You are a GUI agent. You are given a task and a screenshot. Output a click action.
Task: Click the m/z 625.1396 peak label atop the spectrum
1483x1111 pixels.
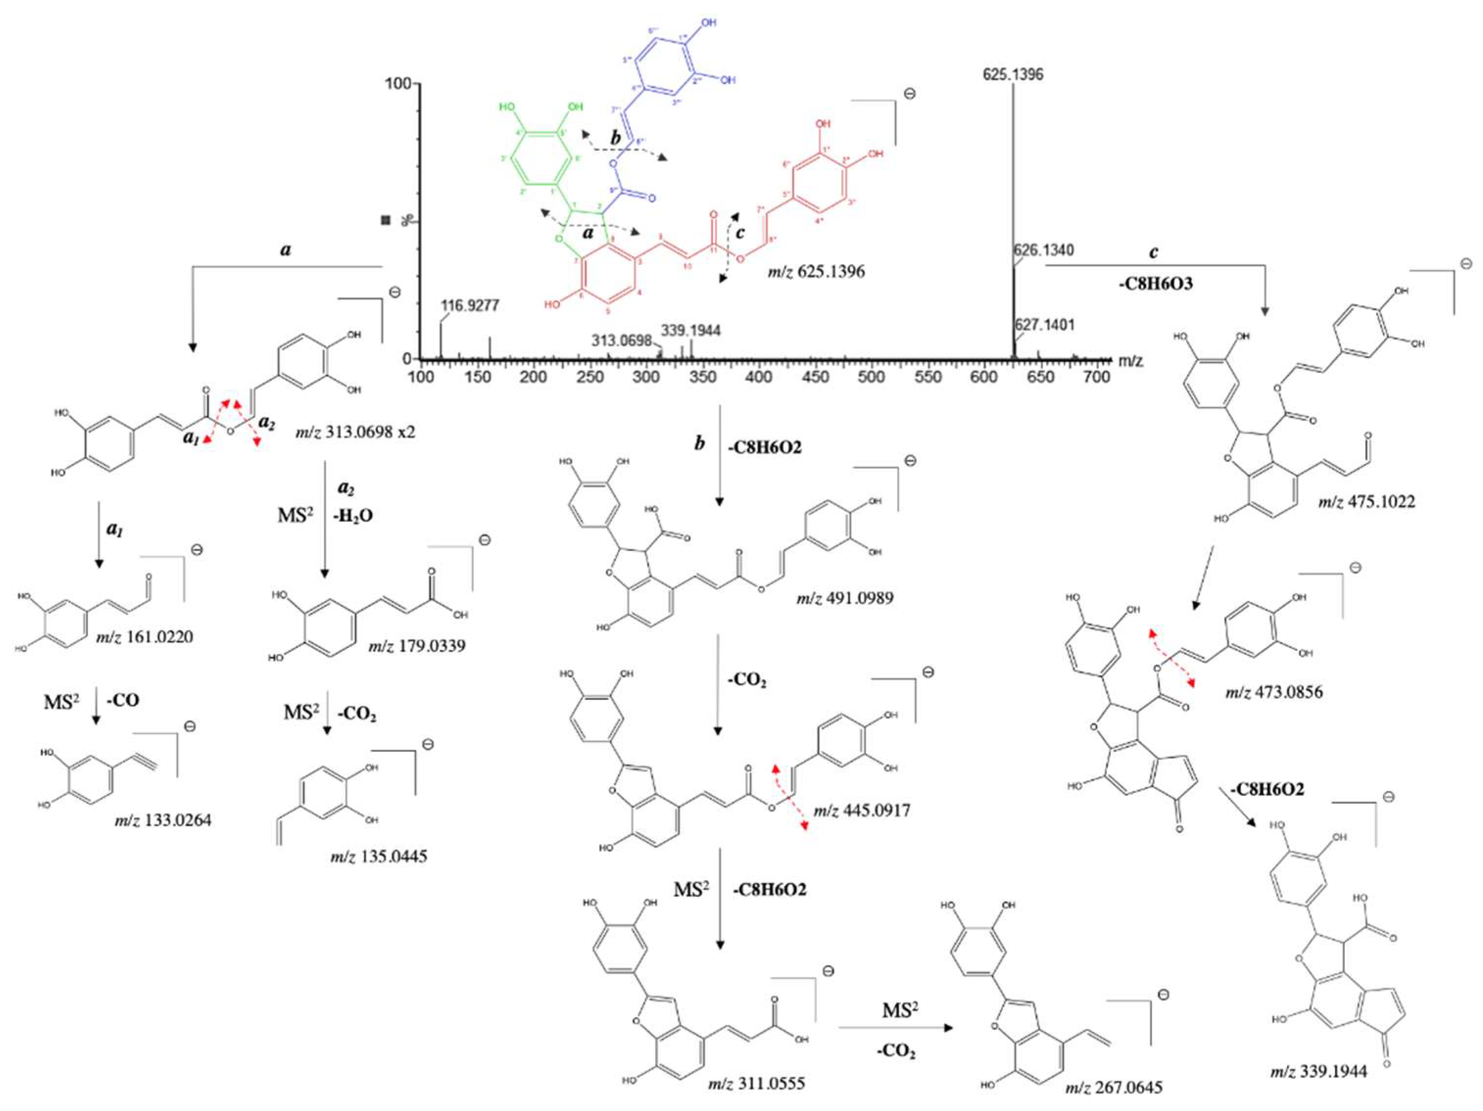(x=1012, y=74)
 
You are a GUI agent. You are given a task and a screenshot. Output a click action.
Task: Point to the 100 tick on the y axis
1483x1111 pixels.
(x=398, y=85)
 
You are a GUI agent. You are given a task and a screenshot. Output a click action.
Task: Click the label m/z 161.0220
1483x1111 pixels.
(x=144, y=637)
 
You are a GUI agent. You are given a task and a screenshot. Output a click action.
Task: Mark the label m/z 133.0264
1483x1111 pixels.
(x=162, y=819)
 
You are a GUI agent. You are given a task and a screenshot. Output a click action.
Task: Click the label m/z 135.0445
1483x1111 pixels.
(x=378, y=856)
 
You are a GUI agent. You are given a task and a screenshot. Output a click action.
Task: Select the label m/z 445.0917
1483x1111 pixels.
(x=861, y=811)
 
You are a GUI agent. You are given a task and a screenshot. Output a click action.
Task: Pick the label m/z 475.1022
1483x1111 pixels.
(x=1366, y=501)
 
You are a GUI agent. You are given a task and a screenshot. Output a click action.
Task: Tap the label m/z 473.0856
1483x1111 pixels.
(x=1274, y=692)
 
